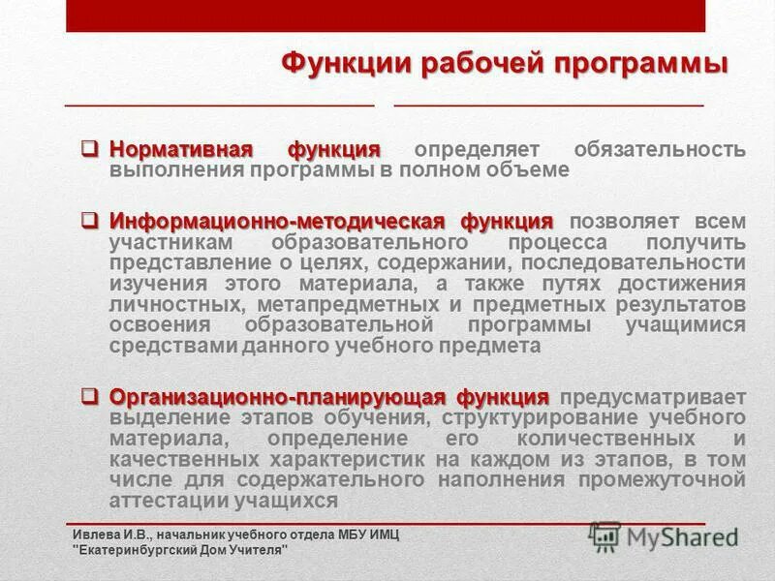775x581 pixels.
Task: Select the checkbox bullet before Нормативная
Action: pos(89,149)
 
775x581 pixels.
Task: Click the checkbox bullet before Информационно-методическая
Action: pos(89,220)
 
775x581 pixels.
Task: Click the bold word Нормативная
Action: pos(180,150)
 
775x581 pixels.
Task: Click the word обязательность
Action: pos(660,150)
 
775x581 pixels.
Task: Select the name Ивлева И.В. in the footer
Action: pos(107,535)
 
